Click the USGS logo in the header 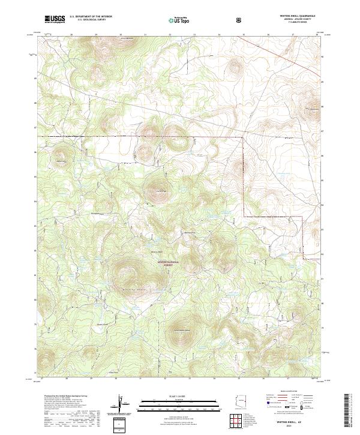point(55,19)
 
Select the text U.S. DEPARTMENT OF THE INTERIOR point(91,16)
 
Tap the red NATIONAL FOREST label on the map point(169,263)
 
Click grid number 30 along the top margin point(120,35)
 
